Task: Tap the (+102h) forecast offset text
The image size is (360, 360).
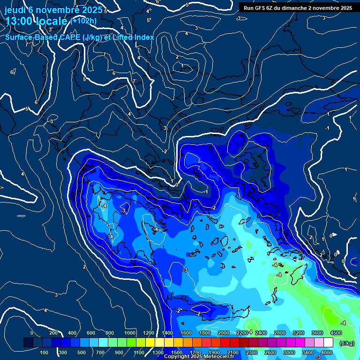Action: (x=83, y=21)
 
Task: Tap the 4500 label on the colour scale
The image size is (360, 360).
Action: (x=336, y=333)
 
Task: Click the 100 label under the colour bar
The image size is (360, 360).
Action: (x=45, y=352)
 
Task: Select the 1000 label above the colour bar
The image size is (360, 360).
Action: (x=130, y=333)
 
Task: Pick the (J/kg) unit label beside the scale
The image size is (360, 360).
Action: (x=347, y=343)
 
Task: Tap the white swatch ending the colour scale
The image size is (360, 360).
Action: (x=329, y=343)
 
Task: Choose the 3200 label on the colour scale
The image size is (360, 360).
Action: (x=298, y=333)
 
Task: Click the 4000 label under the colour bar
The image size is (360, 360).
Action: (x=327, y=352)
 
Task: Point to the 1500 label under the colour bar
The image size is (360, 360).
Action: (x=176, y=352)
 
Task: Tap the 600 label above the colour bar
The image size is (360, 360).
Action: (x=91, y=333)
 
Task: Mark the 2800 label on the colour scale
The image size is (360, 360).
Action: (x=279, y=333)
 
